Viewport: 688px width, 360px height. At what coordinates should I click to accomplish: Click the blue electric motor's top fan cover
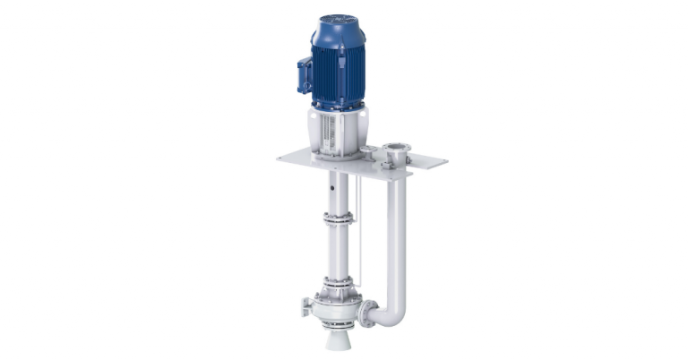pyautogui.click(x=338, y=27)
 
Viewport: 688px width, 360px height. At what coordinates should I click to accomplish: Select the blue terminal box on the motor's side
pyautogui.click(x=305, y=74)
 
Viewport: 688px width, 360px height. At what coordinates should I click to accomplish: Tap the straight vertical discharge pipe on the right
pyautogui.click(x=396, y=233)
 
